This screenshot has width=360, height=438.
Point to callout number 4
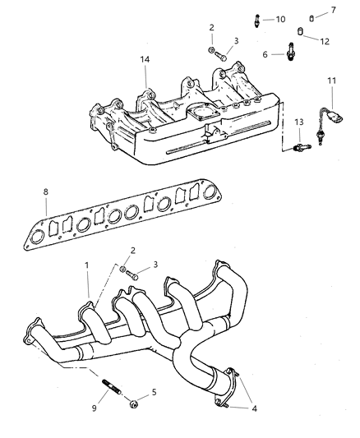coord(251,407)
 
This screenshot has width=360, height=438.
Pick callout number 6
coord(310,10)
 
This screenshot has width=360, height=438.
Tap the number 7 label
coord(310,10)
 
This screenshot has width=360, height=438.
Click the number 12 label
coord(324,41)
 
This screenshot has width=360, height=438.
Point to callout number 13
coord(299,122)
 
